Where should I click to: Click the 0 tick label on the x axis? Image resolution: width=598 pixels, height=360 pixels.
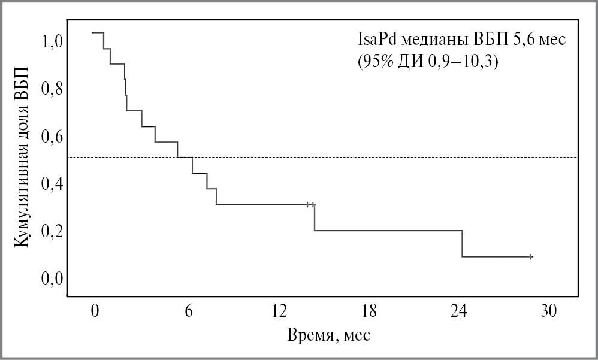coord(94,311)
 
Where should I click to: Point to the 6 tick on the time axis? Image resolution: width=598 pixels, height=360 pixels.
coord(188,311)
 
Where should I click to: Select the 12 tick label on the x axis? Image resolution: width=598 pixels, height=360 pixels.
coord(279,311)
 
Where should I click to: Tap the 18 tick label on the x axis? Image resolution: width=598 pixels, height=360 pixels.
coord(370,311)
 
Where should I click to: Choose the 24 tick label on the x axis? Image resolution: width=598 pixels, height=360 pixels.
coord(458,311)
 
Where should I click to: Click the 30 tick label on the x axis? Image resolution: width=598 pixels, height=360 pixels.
coord(549,311)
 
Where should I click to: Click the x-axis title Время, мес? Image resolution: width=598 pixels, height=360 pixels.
coord(329,335)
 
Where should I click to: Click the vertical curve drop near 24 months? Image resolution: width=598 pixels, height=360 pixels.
coord(462,243)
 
